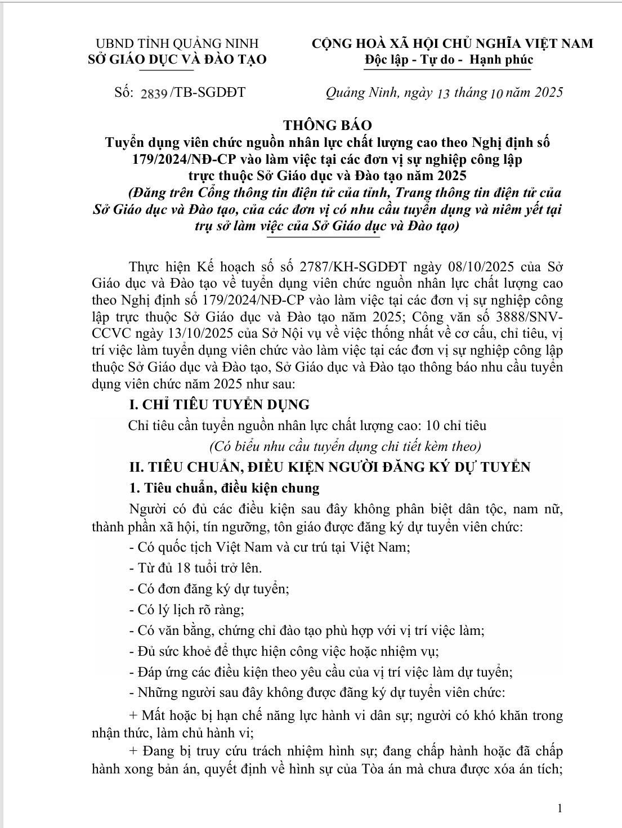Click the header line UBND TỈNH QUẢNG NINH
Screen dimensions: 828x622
pyautogui.click(x=177, y=43)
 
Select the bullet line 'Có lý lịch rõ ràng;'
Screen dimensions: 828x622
pyautogui.click(x=186, y=610)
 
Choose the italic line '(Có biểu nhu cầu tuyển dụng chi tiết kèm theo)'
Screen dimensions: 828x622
pyautogui.click(x=345, y=446)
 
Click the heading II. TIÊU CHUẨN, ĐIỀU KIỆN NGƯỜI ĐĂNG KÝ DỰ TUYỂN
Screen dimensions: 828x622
pyautogui.click(x=329, y=467)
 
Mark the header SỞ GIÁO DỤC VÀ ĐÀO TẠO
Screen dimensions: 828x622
pyautogui.click(x=177, y=59)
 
